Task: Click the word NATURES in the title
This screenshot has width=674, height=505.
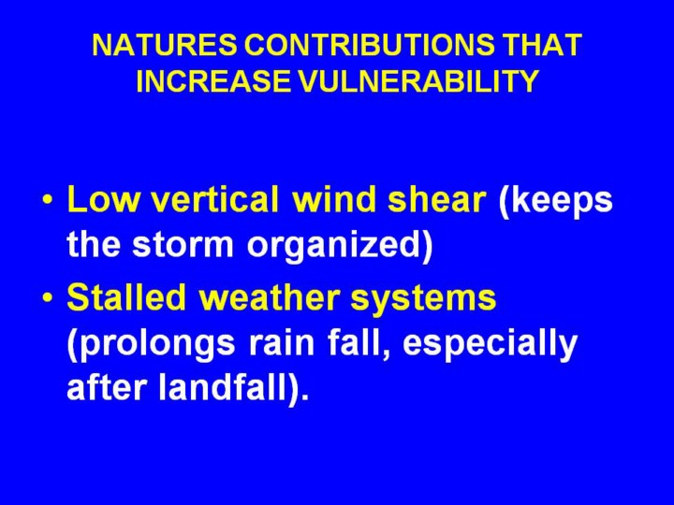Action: click(164, 45)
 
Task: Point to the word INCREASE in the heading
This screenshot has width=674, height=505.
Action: click(212, 80)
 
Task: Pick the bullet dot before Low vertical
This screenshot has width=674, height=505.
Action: click(48, 201)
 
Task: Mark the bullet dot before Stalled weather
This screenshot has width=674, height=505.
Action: click(48, 297)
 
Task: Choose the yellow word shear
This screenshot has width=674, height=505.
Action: click(437, 199)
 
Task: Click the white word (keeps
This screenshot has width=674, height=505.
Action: click(555, 202)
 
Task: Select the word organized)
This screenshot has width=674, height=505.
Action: click(340, 247)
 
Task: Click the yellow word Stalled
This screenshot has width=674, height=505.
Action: click(126, 296)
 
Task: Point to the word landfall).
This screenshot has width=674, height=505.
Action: click(234, 389)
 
